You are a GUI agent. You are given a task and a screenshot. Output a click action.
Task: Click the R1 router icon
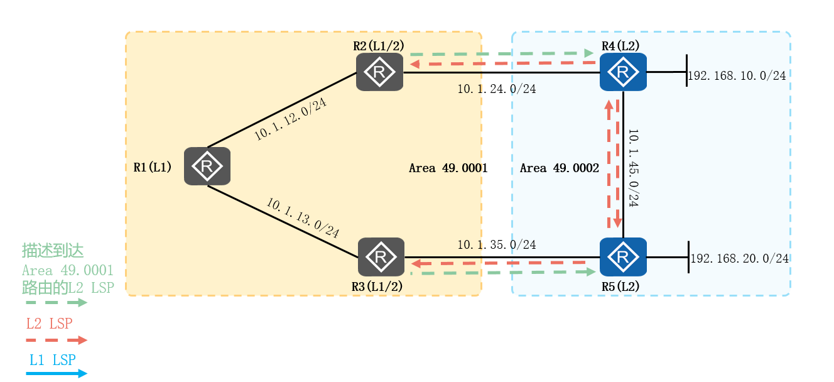tap(207, 166)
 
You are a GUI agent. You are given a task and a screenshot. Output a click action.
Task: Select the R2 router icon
tap(379, 72)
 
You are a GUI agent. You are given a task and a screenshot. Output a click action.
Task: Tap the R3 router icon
tap(381, 257)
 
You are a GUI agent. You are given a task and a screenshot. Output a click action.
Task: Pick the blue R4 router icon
tap(623, 72)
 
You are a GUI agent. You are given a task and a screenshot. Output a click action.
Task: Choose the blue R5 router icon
tap(623, 257)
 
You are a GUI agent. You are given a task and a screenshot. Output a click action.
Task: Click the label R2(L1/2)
tap(379, 46)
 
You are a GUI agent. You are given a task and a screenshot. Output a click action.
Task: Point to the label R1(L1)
tap(153, 167)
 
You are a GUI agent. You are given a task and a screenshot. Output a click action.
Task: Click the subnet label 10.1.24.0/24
tap(496, 89)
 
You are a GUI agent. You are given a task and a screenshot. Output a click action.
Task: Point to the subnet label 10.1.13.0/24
tap(303, 218)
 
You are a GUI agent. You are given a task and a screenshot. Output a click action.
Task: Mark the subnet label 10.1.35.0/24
tap(496, 244)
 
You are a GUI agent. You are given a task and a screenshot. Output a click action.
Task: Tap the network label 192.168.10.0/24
tap(737, 76)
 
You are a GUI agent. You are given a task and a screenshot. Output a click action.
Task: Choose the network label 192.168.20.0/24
tap(739, 258)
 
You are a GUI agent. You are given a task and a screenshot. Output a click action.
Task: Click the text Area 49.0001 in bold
tap(448, 168)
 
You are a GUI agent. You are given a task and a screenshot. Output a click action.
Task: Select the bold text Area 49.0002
tap(560, 168)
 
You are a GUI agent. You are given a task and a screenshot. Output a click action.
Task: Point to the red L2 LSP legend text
tap(49, 324)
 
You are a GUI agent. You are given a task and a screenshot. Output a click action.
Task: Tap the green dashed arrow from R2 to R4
tap(502, 53)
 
